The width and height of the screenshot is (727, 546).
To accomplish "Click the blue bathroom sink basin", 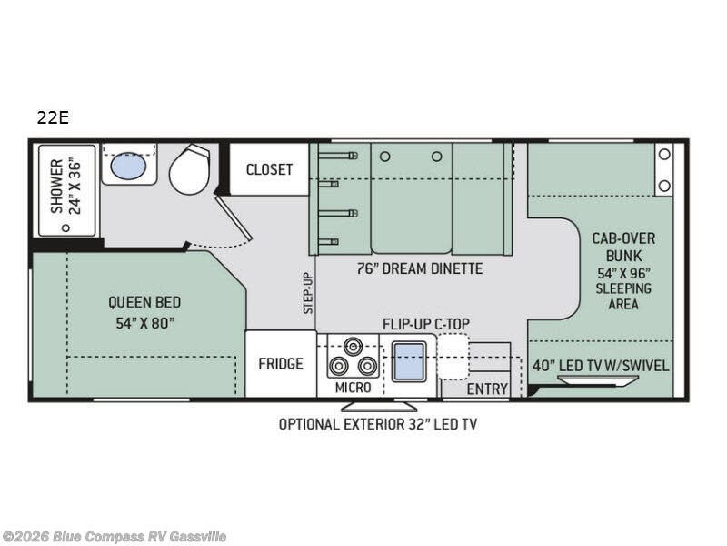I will click(127, 166).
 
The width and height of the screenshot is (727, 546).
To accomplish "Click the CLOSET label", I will click(269, 169).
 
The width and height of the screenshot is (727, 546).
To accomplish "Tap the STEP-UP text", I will click(307, 292).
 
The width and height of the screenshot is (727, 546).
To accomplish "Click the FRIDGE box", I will click(280, 364).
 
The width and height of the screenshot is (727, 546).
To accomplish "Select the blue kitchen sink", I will click(409, 362).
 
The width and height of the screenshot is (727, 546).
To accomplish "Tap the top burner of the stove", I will click(354, 347).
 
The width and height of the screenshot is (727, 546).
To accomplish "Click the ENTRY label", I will click(487, 389).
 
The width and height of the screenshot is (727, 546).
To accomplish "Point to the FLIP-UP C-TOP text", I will click(423, 323).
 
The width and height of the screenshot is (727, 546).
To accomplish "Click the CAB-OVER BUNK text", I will click(623, 246).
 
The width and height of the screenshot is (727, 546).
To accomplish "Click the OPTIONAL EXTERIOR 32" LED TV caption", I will click(377, 423).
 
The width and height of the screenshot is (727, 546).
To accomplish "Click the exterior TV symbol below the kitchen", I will click(392, 405).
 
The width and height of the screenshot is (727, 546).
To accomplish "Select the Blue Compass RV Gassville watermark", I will click(114, 537).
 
